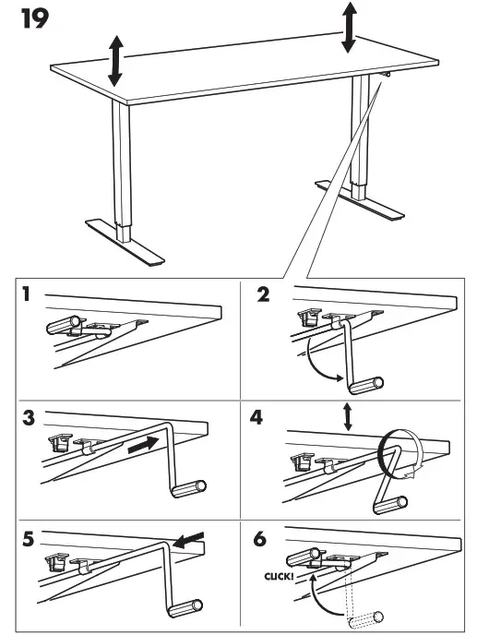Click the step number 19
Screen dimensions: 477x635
click(35, 19)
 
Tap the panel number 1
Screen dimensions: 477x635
click(27, 294)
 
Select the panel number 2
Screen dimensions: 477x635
click(263, 294)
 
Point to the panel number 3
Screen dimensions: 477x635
click(29, 418)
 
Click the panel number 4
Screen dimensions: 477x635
click(256, 417)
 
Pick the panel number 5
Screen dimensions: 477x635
click(28, 539)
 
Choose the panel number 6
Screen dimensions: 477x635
click(260, 539)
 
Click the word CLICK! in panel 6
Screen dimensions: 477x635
click(279, 576)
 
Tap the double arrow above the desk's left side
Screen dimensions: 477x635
click(115, 61)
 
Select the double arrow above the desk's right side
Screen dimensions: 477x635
click(349, 28)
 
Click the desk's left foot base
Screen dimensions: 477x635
click(125, 242)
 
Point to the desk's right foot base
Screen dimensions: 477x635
click(360, 199)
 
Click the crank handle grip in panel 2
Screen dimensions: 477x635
click(366, 386)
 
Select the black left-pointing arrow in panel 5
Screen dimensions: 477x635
click(188, 540)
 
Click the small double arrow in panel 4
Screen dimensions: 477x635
click(348, 417)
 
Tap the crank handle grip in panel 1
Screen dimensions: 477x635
click(64, 325)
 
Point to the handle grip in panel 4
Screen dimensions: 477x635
click(390, 505)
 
